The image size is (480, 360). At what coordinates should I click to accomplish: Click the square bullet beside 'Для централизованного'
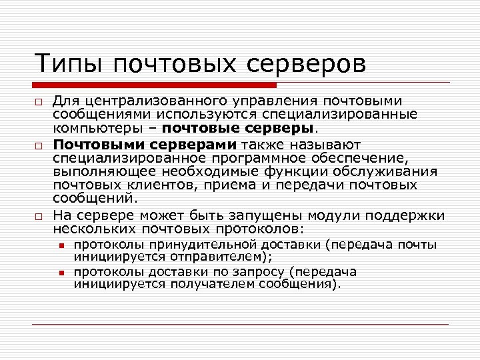[x=40, y=102]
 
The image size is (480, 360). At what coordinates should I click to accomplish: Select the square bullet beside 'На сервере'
[x=40, y=217]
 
